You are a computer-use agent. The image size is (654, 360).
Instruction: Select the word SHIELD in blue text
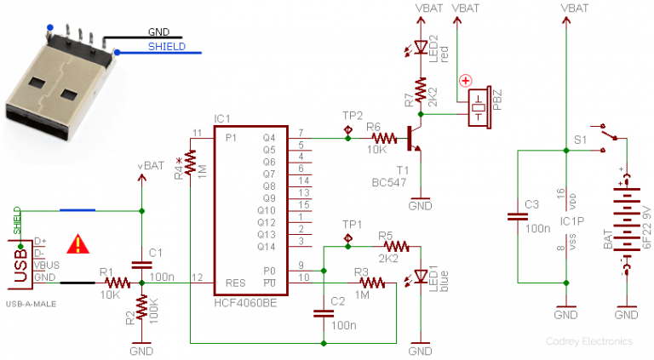point(166,46)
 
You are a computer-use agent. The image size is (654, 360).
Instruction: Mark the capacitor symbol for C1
point(141,264)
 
